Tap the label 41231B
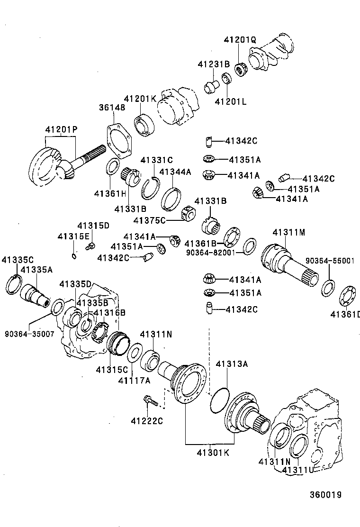214,64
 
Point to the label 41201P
61,129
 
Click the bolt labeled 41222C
150,402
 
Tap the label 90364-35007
29,334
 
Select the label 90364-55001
332,260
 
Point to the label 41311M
289,232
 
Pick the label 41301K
213,453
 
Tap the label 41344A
175,172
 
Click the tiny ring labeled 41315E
75,256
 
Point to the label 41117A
134,380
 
